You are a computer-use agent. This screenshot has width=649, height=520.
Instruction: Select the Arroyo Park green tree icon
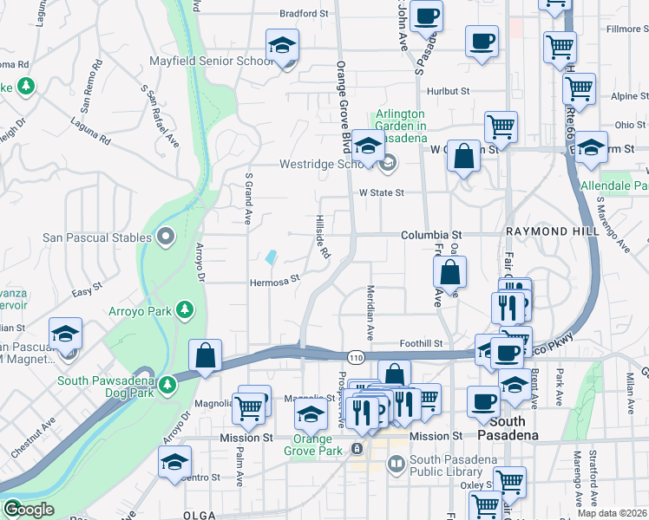click(184, 309)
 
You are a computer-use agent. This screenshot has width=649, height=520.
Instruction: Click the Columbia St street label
click(431, 235)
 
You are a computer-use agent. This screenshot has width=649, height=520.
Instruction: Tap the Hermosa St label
click(274, 280)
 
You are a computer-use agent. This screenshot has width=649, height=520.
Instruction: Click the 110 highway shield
click(356, 356)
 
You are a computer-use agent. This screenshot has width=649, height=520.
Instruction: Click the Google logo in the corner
click(28, 510)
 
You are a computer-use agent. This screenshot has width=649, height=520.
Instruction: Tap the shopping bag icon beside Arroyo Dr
click(204, 355)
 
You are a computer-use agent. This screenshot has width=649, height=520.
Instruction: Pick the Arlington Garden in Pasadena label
click(400, 126)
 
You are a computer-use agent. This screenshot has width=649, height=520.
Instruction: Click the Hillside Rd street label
click(322, 237)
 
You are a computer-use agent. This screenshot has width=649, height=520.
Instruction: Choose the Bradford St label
click(305, 14)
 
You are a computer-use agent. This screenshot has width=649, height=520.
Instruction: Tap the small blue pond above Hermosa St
click(272, 257)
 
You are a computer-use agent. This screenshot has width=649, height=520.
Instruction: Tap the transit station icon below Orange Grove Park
click(357, 449)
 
